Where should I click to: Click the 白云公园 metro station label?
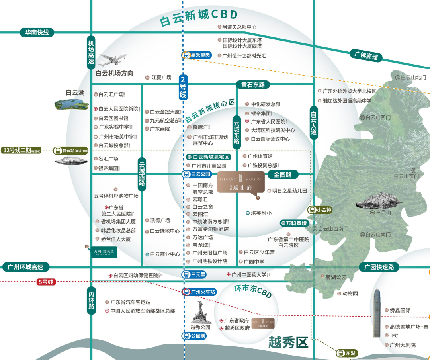click(x=198, y=174)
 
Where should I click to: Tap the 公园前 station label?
click(x=195, y=336)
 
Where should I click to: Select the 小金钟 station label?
click(x=320, y=210)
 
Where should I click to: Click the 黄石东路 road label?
click(x=253, y=84)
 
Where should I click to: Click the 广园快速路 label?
click(x=379, y=267)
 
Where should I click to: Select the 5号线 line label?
click(x=45, y=282)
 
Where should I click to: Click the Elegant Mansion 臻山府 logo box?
click(x=240, y=183)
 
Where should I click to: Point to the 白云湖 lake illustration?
click(x=72, y=104)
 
